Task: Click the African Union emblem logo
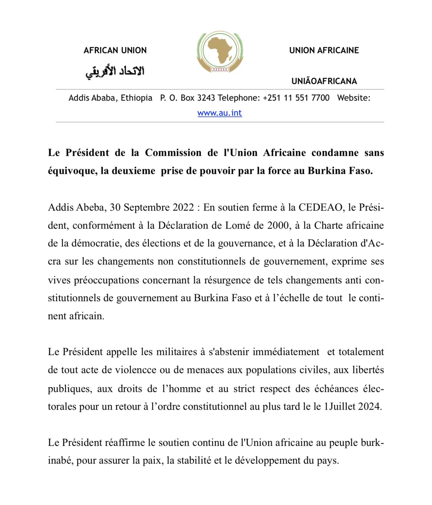point(220,52)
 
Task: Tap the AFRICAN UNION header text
point(115,50)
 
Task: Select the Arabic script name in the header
point(115,71)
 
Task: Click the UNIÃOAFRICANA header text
point(324,81)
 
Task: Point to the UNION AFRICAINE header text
point(324,50)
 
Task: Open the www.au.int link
point(220,113)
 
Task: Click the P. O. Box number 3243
point(206,98)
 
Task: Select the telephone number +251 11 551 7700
point(296,98)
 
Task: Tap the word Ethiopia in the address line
point(136,98)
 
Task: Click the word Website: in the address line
point(353,98)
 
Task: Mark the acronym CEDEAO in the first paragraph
point(320,208)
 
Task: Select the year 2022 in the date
point(183,208)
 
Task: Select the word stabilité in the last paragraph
point(194,461)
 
